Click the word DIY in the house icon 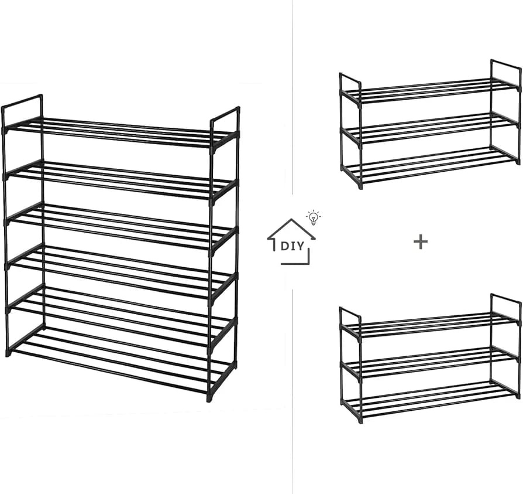(293, 246)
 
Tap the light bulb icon (313, 217)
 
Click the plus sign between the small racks (420, 242)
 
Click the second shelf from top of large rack (121, 179)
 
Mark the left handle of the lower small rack (350, 319)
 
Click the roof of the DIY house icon (291, 229)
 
